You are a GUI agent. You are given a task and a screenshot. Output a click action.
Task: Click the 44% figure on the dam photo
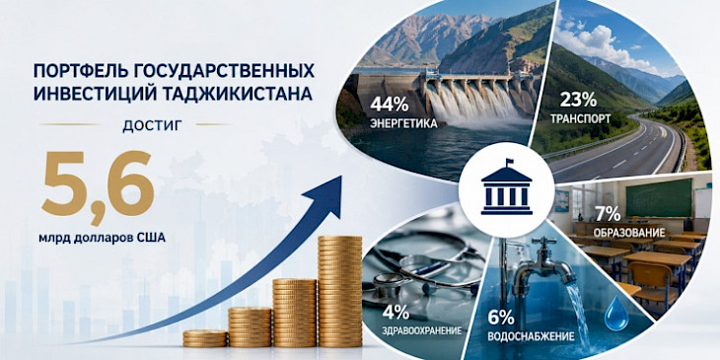tap(389, 105)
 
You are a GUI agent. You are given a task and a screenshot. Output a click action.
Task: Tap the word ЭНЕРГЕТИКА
tap(402, 124)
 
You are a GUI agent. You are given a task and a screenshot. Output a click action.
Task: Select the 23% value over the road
tap(578, 100)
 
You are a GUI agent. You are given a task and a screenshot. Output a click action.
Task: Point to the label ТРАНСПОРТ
tap(580, 119)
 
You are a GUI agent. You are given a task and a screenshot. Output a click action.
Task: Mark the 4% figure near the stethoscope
tap(396, 313)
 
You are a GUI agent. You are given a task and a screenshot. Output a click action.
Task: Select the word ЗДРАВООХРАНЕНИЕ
tap(421, 330)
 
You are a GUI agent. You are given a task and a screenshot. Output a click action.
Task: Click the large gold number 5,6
tap(98, 186)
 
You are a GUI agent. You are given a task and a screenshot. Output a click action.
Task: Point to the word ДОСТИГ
tap(149, 125)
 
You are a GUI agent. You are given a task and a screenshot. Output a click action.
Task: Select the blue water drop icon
tap(616, 314)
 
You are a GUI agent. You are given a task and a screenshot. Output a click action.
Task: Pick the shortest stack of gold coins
tap(205, 338)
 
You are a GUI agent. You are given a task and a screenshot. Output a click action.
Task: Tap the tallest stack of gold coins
tap(340, 292)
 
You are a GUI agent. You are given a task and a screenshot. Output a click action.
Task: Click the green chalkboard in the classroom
tap(659, 198)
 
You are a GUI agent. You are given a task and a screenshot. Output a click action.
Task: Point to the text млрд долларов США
tap(102, 238)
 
